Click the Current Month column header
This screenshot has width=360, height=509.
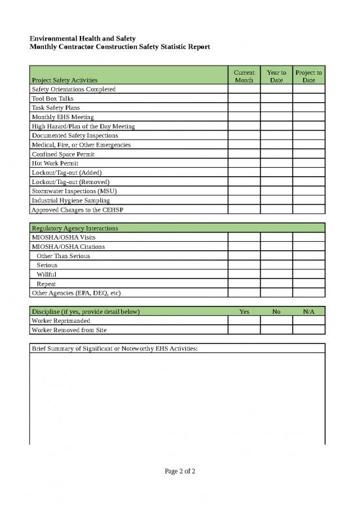pyautogui.click(x=243, y=75)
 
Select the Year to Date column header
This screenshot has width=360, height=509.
pyautogui.click(x=276, y=75)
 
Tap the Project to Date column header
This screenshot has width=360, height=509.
pyautogui.click(x=308, y=75)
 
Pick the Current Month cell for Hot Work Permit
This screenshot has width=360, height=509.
pyautogui.click(x=243, y=163)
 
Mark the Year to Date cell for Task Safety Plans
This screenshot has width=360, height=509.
pyautogui.click(x=276, y=107)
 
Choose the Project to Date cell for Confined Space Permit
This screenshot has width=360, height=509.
pyautogui.click(x=308, y=154)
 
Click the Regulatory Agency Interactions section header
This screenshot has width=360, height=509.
pyautogui.click(x=75, y=228)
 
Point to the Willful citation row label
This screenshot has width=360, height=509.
pyautogui.click(x=46, y=274)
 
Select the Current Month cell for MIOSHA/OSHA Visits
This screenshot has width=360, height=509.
pyautogui.click(x=243, y=237)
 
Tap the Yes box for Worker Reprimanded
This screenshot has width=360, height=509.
pyautogui.click(x=243, y=321)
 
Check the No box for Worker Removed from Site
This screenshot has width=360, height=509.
pyautogui.click(x=276, y=330)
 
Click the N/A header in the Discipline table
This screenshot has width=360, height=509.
pyautogui.click(x=308, y=312)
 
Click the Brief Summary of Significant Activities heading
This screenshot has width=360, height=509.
pyautogui.click(x=115, y=349)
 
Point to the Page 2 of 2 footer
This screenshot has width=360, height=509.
pyautogui.click(x=180, y=471)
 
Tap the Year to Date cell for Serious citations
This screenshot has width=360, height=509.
pyautogui.click(x=276, y=265)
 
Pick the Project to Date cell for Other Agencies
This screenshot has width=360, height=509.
pyautogui.click(x=308, y=293)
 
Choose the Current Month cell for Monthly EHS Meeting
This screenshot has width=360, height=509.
pyautogui.click(x=243, y=117)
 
